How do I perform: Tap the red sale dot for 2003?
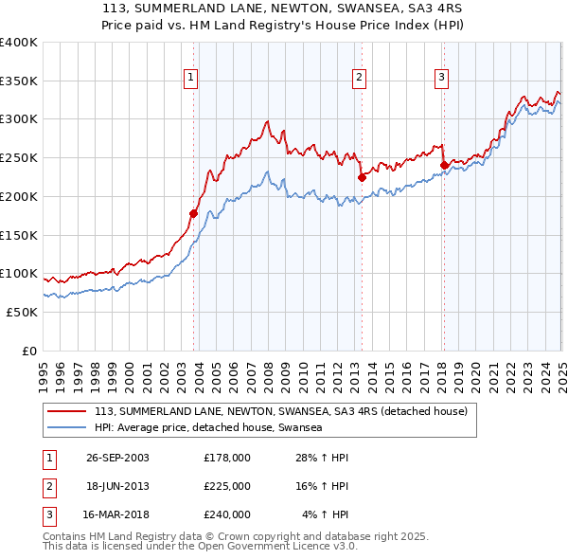coord(193,213)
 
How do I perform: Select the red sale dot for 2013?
coord(362,177)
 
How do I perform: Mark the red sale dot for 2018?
coord(443,165)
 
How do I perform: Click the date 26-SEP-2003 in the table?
coord(117,458)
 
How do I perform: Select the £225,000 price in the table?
coord(227,486)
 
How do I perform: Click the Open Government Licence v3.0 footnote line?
coord(200,546)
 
